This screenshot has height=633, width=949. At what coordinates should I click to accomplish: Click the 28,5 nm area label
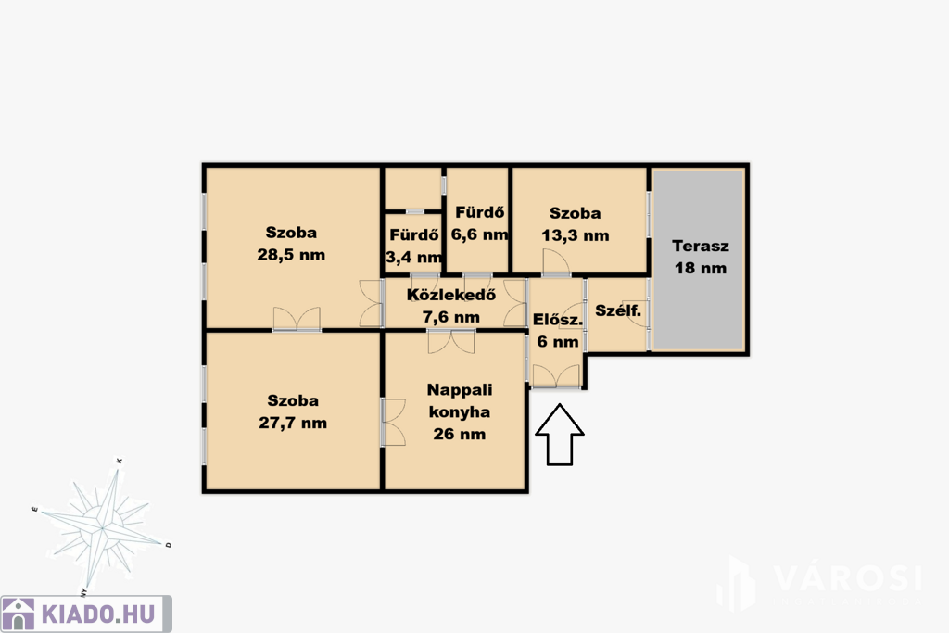(291, 255)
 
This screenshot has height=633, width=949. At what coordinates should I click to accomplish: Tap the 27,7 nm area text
(293, 423)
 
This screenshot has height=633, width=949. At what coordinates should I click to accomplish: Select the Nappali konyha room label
(460, 400)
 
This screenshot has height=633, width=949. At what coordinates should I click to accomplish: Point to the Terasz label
(701, 247)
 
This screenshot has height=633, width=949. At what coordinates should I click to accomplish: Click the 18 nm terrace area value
(701, 268)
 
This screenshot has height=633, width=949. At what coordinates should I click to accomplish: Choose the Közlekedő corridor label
(451, 295)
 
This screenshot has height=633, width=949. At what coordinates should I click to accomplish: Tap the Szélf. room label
(618, 311)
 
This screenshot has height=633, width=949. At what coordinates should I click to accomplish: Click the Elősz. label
(557, 320)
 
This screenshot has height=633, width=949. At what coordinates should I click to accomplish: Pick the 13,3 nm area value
(575, 235)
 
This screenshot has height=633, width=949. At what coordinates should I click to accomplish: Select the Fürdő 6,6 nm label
(479, 223)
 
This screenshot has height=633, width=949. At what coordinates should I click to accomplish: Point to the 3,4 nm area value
(414, 258)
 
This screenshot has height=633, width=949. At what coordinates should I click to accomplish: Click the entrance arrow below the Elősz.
(560, 435)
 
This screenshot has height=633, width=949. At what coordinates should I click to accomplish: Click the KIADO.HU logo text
(98, 614)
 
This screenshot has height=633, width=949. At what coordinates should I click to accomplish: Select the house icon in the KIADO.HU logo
(19, 614)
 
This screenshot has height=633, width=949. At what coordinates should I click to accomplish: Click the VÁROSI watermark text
(847, 578)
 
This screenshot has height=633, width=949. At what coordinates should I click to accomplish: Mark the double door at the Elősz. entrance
(556, 376)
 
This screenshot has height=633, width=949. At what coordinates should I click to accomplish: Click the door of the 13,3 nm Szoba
(556, 263)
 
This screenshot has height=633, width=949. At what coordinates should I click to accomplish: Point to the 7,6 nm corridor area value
(451, 317)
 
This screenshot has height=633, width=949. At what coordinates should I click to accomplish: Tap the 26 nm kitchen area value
(460, 434)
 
